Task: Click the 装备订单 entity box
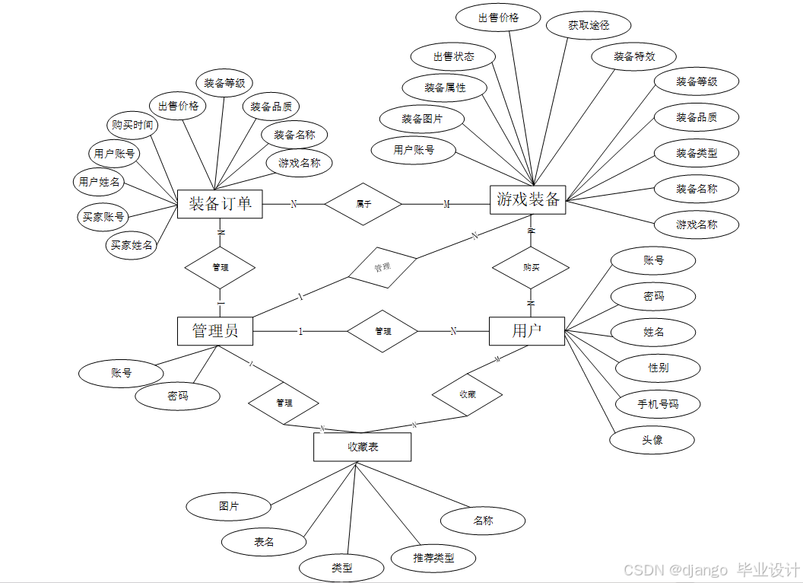tap(220, 204)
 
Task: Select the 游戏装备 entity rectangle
tap(528, 200)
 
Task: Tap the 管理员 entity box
tap(215, 330)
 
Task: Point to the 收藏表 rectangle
tap(362, 447)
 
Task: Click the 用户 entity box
tap(527, 330)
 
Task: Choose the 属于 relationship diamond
tap(363, 204)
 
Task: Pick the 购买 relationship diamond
tap(531, 267)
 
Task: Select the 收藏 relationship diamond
tap(467, 394)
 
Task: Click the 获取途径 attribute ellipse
tap(589, 25)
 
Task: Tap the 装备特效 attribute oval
tap(634, 56)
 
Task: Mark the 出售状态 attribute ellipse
tap(453, 56)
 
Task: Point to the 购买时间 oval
tap(132, 125)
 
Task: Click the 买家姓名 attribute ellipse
tap(132, 245)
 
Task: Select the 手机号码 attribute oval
tap(658, 404)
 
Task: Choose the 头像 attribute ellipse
tap(652, 440)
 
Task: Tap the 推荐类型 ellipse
tap(433, 558)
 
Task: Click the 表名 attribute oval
tap(264, 542)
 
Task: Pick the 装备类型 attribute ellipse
tap(697, 153)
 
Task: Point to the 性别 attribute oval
tap(658, 368)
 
